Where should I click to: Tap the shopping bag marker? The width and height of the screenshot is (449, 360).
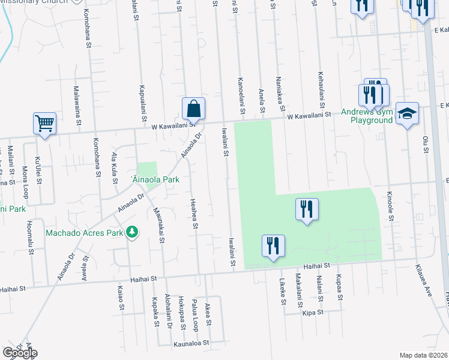point(193,109)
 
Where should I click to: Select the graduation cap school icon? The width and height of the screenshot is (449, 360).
point(407,114)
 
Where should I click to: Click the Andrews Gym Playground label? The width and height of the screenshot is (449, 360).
point(367,116)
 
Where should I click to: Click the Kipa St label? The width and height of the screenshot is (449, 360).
point(313,313)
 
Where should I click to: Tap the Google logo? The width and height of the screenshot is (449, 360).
point(20,353)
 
